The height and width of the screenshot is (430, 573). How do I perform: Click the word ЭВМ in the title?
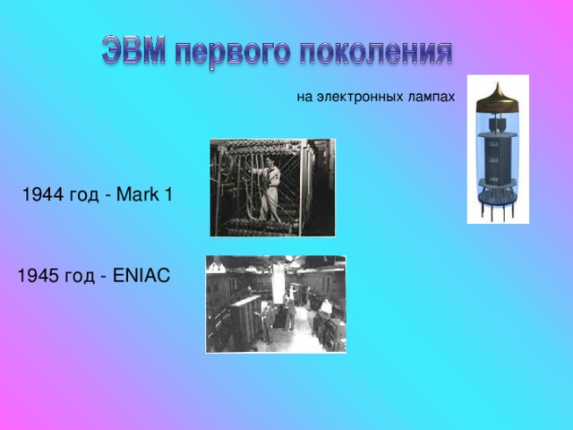coord(133,51)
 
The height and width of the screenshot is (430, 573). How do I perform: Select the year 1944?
coord(43,194)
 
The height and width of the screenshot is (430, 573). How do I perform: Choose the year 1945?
coord(38,275)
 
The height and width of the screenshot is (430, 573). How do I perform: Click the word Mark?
coord(137,193)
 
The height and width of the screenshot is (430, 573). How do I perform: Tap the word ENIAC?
coord(141,275)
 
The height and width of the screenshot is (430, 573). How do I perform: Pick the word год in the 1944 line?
coord(83,195)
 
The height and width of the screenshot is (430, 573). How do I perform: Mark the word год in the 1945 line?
coord(80,277)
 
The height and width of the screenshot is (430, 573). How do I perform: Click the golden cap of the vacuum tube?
coord(497,98)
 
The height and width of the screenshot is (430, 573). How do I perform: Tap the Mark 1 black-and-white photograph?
coord(272,187)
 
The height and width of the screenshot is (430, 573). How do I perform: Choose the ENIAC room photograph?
coord(276,305)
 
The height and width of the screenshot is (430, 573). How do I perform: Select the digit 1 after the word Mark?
coord(168,193)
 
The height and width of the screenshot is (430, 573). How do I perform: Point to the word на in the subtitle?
coord(304,98)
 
